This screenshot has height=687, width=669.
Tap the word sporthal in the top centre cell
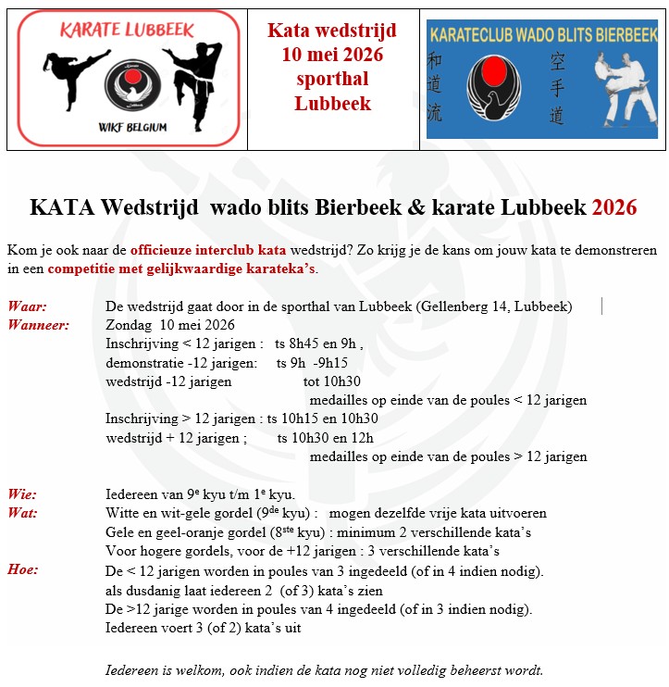click(332, 79)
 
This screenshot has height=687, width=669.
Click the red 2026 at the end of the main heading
click(614, 207)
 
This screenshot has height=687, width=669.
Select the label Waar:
click(28, 306)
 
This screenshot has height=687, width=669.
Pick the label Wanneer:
click(39, 325)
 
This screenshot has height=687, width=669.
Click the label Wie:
click(22, 494)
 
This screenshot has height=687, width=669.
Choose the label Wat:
click(22, 513)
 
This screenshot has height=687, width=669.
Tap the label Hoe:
click(23, 569)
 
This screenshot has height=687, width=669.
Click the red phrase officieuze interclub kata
click(208, 250)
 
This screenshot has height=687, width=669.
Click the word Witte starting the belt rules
click(124, 513)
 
